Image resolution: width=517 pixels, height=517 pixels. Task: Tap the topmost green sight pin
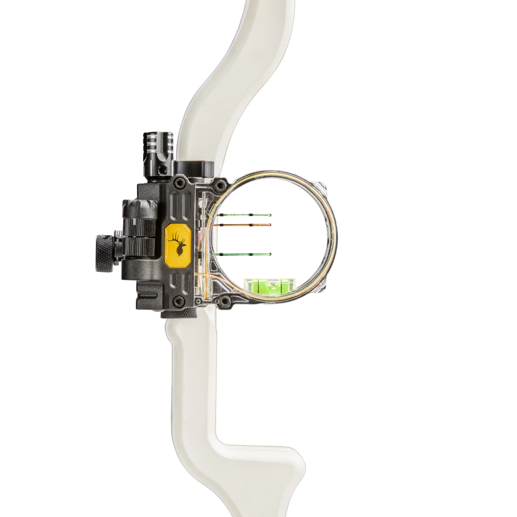(243, 214)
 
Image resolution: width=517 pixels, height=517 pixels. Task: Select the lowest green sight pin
(243, 254)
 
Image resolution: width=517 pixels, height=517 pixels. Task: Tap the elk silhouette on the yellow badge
(178, 242)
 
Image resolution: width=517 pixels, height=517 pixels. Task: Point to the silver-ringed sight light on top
(158, 145)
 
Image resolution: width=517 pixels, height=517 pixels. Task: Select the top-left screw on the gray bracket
(179, 183)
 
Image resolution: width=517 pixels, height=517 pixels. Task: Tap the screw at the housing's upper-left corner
(221, 184)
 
